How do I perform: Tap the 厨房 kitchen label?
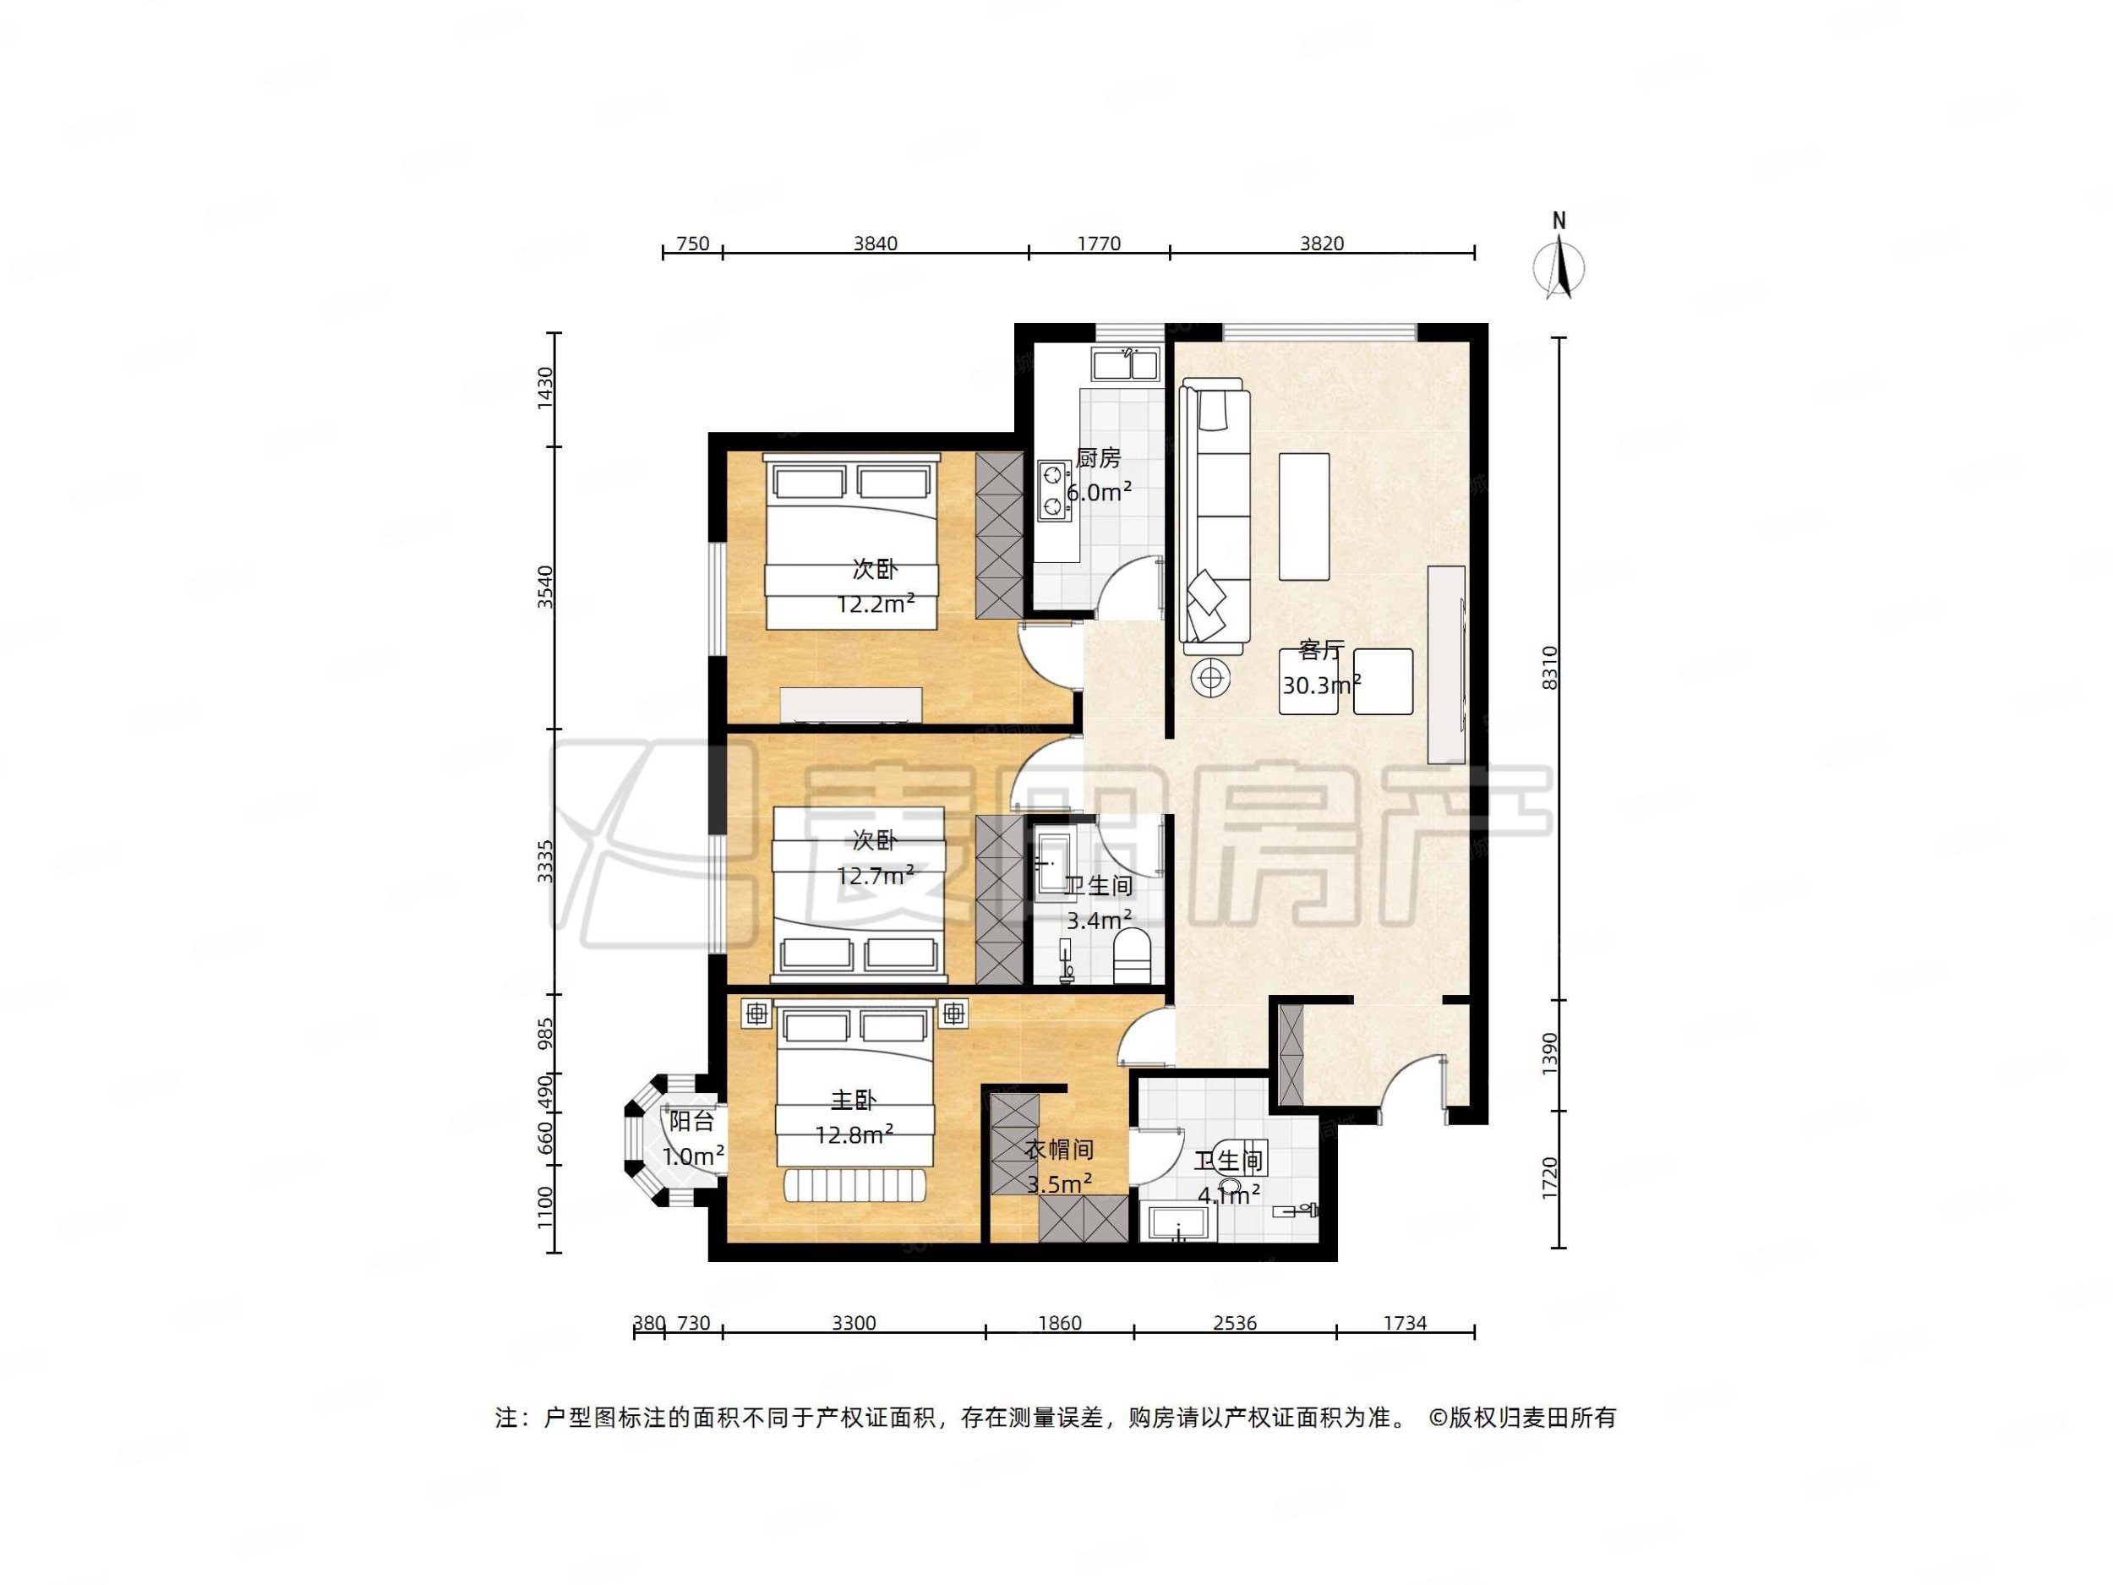pyautogui.click(x=1098, y=458)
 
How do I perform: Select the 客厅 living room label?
pyautogui.click(x=1321, y=651)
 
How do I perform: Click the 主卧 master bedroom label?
pyautogui.click(x=853, y=1101)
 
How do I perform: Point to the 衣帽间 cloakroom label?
pyautogui.click(x=1058, y=1150)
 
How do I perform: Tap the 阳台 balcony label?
pyautogui.click(x=691, y=1122)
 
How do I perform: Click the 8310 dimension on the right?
pyautogui.click(x=1549, y=668)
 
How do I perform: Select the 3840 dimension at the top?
pyautogui.click(x=875, y=243)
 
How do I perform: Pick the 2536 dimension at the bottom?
pyautogui.click(x=1234, y=1323)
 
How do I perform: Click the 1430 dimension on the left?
pyautogui.click(x=544, y=388)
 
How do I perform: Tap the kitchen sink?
pyautogui.click(x=1127, y=364)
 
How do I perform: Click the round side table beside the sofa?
pyautogui.click(x=1211, y=678)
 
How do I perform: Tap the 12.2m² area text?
pyautogui.click(x=875, y=604)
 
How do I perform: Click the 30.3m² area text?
pyautogui.click(x=1321, y=685)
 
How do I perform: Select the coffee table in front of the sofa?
pyautogui.click(x=1304, y=516)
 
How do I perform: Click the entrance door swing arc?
pyautogui.click(x=1411, y=1079)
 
